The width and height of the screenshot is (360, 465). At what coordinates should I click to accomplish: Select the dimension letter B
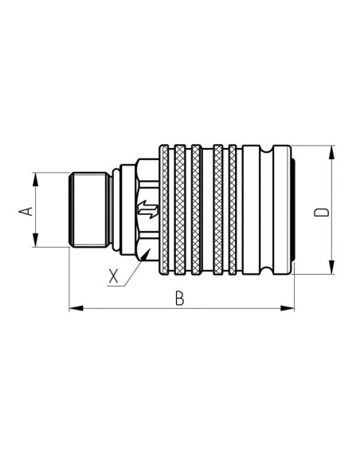tap(180, 298)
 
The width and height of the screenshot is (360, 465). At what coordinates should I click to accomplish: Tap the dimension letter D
tap(321, 212)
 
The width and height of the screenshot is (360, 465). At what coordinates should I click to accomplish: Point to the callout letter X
tap(115, 277)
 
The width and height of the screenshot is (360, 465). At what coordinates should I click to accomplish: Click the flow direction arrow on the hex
tap(147, 211)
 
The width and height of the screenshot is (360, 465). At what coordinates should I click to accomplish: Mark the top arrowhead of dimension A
tap(36, 177)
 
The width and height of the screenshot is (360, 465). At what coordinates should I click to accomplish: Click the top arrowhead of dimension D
tap(330, 150)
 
